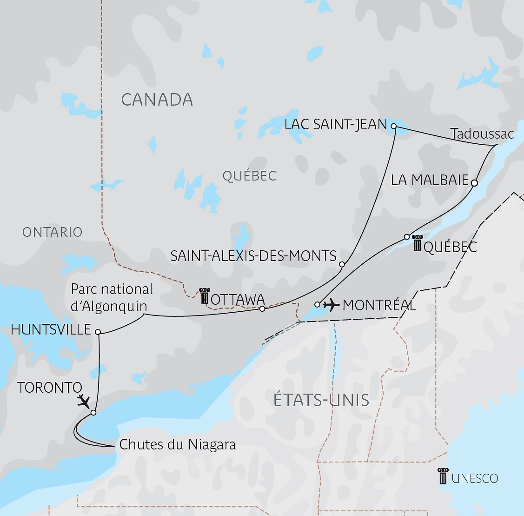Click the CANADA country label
(157, 100)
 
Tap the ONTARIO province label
(52, 232)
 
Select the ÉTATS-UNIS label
(321, 400)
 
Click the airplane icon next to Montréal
(332, 305)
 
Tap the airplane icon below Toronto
(84, 401)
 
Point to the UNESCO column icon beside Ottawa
(204, 296)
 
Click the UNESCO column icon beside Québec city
(417, 243)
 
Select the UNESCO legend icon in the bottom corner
(443, 476)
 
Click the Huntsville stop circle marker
(98, 332)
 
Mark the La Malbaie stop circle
(474, 183)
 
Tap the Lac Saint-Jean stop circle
(394, 126)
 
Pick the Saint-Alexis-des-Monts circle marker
(342, 264)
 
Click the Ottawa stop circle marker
(262, 308)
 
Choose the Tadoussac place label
(482, 134)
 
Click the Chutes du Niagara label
(177, 444)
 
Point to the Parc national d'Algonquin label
(112, 298)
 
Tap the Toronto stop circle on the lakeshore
(93, 413)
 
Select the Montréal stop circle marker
(317, 305)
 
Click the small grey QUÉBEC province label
(249, 176)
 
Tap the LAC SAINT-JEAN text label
(336, 124)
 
